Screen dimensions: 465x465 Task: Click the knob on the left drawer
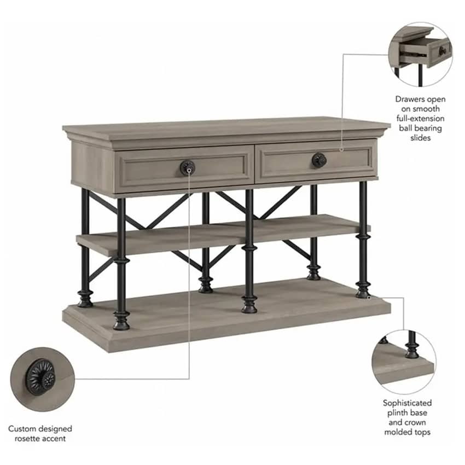(x=188, y=167)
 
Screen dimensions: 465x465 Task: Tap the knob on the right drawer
(x=319, y=160)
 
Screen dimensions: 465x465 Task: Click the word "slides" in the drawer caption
(x=420, y=138)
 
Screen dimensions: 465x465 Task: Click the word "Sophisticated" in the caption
(x=407, y=403)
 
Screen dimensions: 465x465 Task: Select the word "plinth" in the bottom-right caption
(x=397, y=413)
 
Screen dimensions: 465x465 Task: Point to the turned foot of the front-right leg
(x=363, y=290)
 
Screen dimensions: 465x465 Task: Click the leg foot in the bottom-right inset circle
(x=412, y=351)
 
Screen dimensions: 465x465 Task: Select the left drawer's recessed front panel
(x=184, y=168)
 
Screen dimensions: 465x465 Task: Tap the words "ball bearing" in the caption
(x=420, y=129)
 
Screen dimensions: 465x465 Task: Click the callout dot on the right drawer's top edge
(x=341, y=150)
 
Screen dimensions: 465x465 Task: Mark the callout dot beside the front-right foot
(x=369, y=297)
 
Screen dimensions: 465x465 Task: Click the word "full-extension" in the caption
(x=420, y=119)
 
